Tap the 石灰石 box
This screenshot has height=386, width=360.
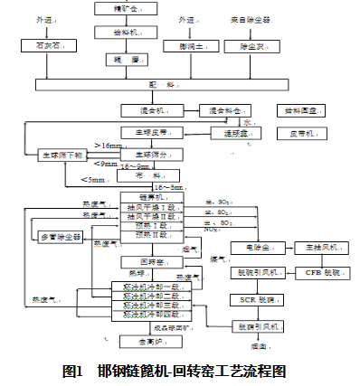pos(51,44)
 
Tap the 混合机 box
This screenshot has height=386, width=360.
pos(146,110)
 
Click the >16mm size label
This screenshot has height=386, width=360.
pos(107,145)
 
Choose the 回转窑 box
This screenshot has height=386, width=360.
pos(136,262)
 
